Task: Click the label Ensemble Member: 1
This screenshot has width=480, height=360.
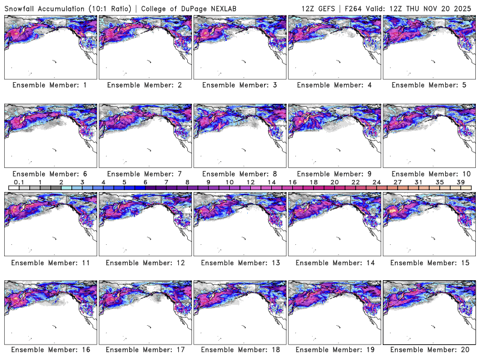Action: (50, 85)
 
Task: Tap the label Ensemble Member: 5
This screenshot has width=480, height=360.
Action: (428, 85)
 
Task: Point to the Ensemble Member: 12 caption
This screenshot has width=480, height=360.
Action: (145, 263)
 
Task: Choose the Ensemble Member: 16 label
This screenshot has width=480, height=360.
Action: (50, 350)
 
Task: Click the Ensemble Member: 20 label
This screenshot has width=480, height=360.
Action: (428, 350)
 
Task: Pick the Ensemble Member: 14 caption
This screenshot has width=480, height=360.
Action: (334, 263)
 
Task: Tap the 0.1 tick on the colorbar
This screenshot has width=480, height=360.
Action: (19, 182)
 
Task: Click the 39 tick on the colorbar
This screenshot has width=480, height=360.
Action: (461, 182)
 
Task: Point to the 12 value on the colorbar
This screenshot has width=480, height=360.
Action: (250, 182)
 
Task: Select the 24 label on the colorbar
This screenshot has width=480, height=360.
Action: (377, 182)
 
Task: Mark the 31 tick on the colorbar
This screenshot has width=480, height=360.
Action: (419, 182)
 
